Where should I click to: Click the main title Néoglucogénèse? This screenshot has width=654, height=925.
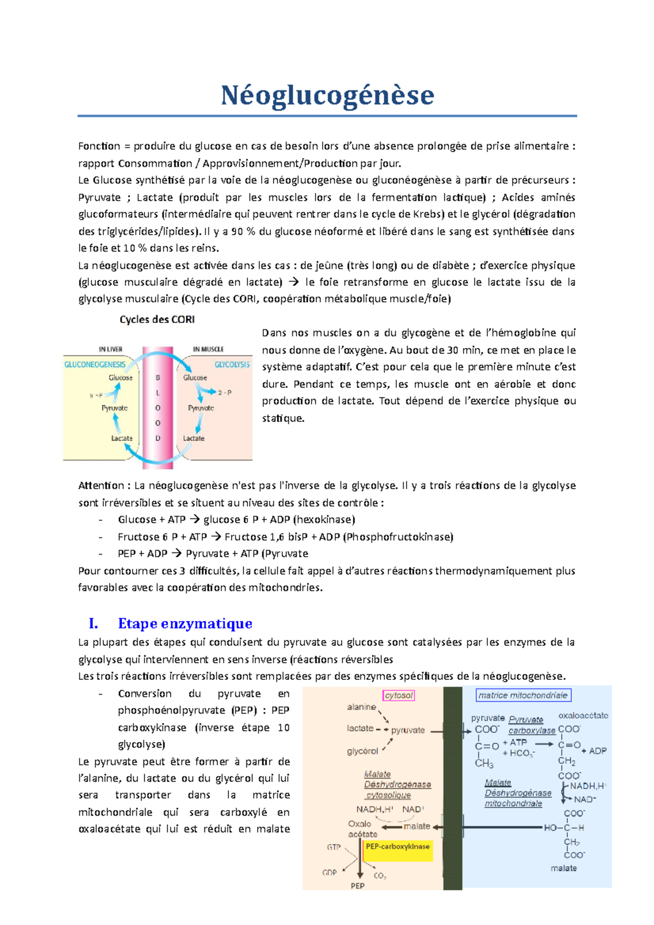click(327, 95)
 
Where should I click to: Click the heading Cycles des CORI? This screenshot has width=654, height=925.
click(157, 320)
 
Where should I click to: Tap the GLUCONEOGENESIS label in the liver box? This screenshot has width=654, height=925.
click(95, 364)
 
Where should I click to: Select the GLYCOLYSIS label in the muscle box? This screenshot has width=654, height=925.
click(232, 364)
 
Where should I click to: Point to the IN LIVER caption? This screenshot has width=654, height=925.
click(111, 349)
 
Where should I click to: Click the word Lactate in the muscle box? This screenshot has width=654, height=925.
click(193, 438)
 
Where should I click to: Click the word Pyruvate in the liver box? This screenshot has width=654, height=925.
click(114, 408)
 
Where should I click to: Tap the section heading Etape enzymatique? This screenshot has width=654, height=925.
click(185, 623)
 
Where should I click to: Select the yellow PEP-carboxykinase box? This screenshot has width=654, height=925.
click(398, 847)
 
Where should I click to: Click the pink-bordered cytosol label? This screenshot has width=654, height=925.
click(399, 696)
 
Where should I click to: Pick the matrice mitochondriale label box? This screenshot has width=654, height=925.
click(523, 696)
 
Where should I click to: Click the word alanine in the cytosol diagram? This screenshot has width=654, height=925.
click(361, 707)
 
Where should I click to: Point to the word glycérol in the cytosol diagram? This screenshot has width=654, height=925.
click(362, 751)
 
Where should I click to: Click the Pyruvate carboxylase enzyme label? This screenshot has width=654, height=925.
click(531, 725)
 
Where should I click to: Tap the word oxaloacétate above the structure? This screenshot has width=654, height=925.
click(583, 715)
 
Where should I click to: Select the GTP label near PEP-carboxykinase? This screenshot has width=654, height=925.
click(334, 847)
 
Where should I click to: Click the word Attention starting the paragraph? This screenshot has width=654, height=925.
click(101, 486)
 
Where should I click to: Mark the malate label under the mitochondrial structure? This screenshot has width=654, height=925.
click(564, 868)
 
